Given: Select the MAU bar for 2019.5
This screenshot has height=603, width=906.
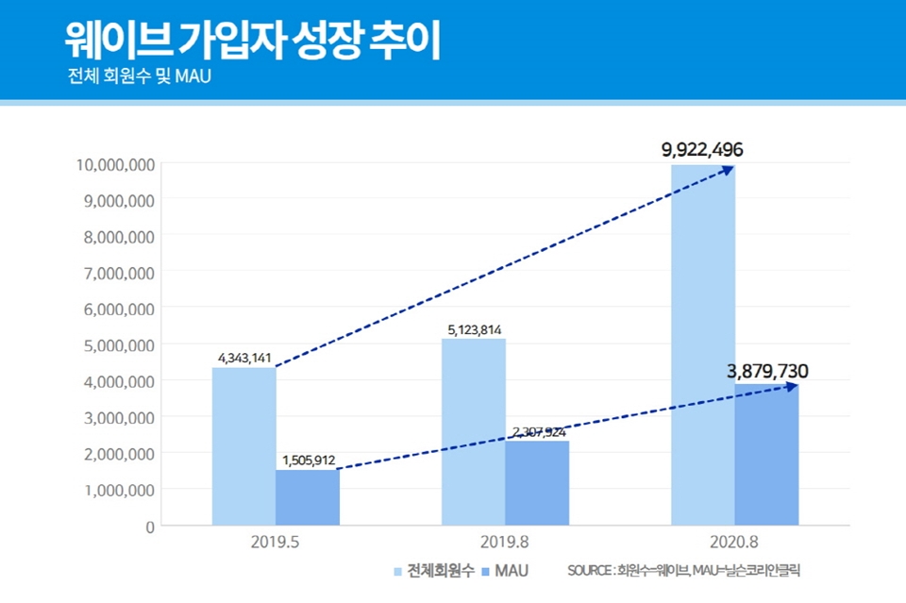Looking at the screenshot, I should [x=308, y=497].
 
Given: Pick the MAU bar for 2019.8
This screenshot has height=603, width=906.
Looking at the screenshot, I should [x=537, y=483].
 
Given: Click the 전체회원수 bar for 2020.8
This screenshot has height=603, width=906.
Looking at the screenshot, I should [x=702, y=345].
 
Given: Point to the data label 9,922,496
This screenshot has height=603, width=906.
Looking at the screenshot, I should [x=702, y=149].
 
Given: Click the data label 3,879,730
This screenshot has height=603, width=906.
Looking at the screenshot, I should [x=767, y=370].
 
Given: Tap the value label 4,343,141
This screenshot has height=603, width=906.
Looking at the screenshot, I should [x=243, y=358].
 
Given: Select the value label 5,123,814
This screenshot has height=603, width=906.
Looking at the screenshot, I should [x=474, y=329].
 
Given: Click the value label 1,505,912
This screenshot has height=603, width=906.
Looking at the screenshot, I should [x=309, y=461].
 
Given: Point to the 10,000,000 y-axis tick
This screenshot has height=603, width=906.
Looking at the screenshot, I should [x=114, y=164].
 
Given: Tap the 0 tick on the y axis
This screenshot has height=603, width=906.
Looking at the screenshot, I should [x=149, y=526].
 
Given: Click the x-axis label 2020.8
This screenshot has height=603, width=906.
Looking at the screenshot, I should [x=734, y=544].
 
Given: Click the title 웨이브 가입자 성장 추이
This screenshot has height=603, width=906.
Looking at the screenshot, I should [x=252, y=41].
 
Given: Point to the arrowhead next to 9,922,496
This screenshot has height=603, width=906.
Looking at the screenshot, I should [x=729, y=169].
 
